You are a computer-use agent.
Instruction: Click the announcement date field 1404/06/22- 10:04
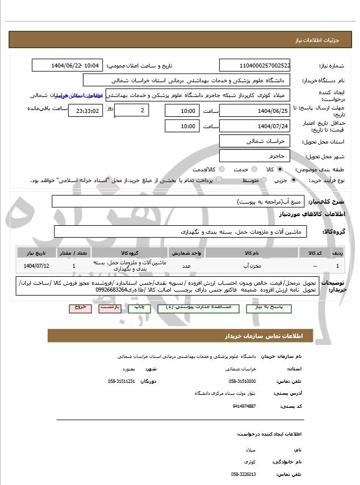pos(68,65)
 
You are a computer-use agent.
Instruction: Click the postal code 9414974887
pos(244,406)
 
